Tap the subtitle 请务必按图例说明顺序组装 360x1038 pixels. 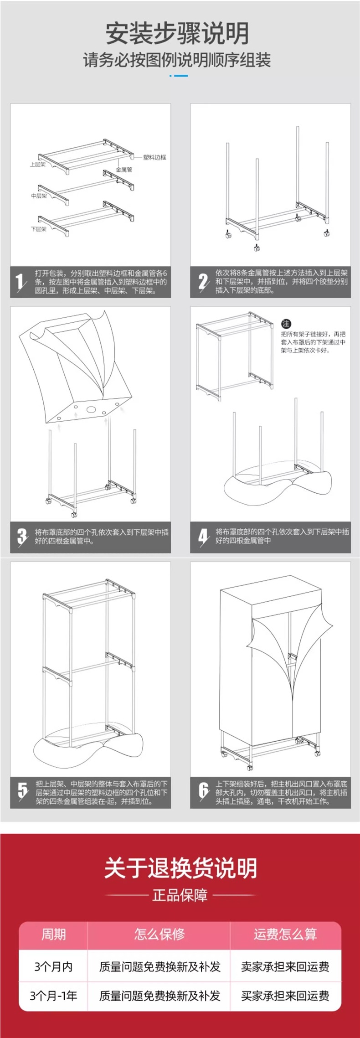pos(177,60)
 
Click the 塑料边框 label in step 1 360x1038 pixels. pos(154,157)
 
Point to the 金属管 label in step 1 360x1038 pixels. pos(123,170)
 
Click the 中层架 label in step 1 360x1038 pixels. pos(39,196)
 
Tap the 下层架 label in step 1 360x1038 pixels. pos(39,229)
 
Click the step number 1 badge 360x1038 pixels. pos(20,282)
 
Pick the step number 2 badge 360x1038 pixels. pos(203,282)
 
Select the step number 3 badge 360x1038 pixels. pos(22,536)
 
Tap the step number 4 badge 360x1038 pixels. pos(203,536)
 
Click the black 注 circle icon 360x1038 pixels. pos(286,324)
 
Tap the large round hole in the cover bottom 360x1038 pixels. pos(92,410)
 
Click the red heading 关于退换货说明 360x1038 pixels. pos(180,868)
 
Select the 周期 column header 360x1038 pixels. pos(54,935)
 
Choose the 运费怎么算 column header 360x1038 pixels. pos(285,935)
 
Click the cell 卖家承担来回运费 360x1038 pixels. pos(285,966)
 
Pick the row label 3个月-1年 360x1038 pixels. pos(53,996)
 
